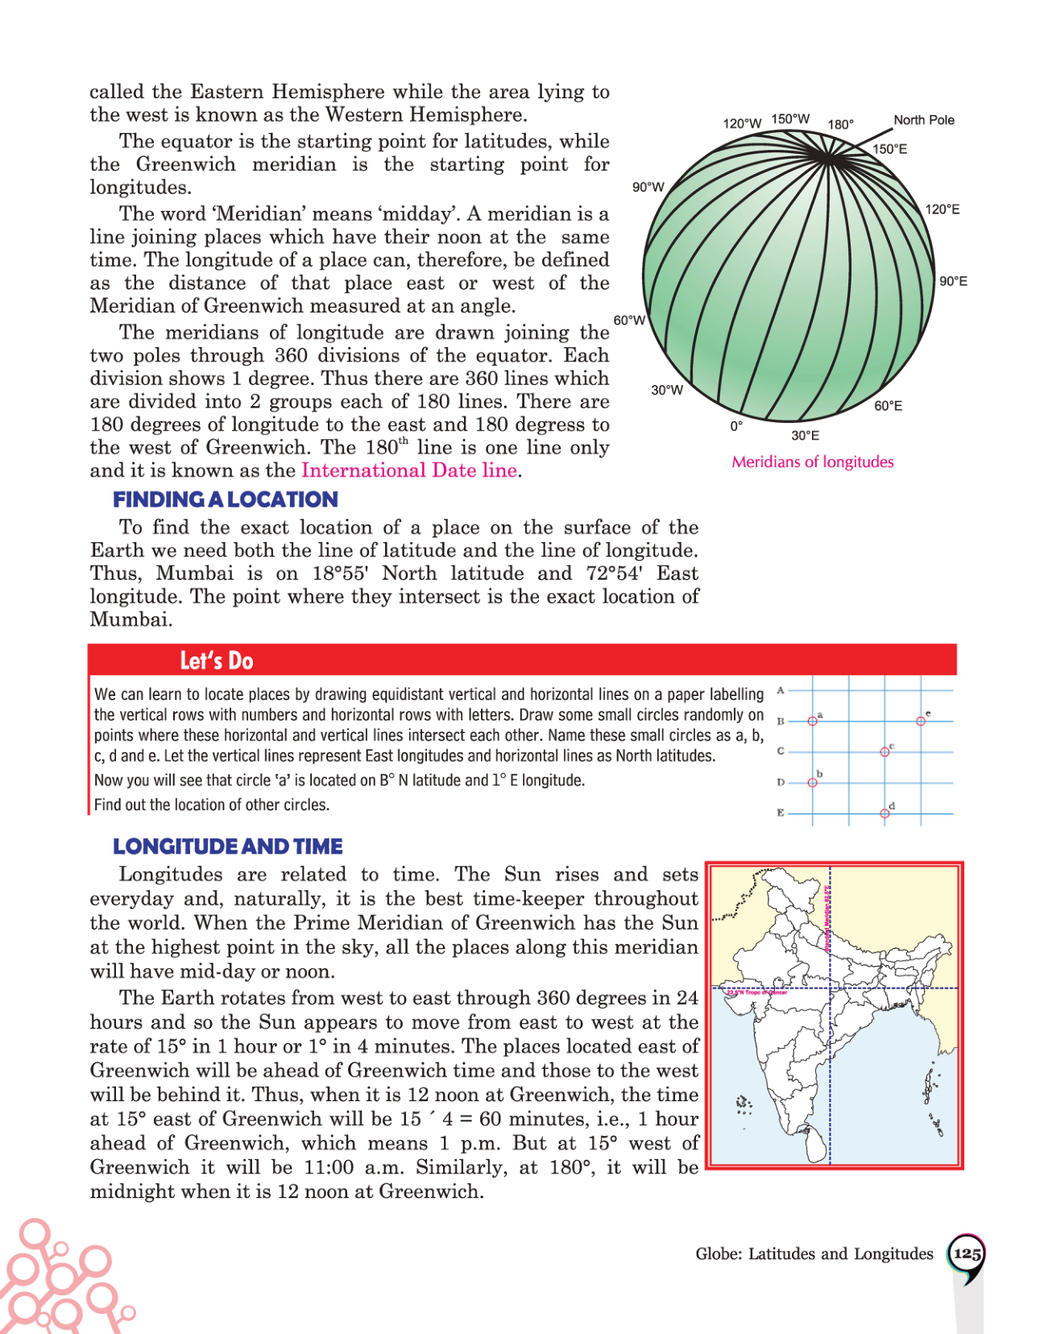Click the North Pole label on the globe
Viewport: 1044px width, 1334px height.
(x=923, y=120)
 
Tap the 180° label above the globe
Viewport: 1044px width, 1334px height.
(x=840, y=124)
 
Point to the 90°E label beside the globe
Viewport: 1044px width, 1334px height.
(x=953, y=281)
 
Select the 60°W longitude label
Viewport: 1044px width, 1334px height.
(x=629, y=320)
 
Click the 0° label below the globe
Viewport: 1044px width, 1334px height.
(x=736, y=426)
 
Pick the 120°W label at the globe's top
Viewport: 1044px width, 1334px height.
(x=742, y=123)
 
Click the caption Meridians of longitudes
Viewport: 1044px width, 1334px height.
(x=812, y=462)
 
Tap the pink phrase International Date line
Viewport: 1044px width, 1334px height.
(x=409, y=470)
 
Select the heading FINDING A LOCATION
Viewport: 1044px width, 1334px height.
(x=225, y=499)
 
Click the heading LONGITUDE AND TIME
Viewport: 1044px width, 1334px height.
(x=227, y=847)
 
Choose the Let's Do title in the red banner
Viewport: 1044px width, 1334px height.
(x=216, y=661)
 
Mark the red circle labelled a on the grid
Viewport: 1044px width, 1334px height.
(x=812, y=721)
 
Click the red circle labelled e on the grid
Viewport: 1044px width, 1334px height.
(x=921, y=721)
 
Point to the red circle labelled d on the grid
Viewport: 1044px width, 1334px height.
(x=884, y=813)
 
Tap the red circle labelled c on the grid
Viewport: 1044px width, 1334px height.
(x=884, y=752)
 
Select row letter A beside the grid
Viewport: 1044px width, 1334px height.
(x=781, y=690)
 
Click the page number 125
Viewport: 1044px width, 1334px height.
(x=966, y=1254)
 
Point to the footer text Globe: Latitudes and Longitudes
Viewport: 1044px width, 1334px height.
(x=814, y=1254)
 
